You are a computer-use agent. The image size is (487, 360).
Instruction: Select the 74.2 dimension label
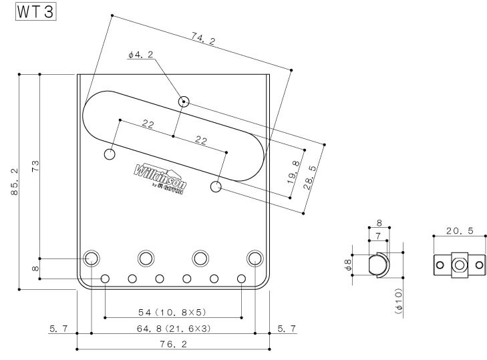(x=203, y=41)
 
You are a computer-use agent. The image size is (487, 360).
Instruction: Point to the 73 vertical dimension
(x=34, y=164)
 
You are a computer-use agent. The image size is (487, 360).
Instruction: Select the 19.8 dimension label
(x=295, y=173)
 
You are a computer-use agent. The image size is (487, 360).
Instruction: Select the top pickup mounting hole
(x=184, y=102)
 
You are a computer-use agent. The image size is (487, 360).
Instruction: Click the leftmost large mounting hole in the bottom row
(x=92, y=258)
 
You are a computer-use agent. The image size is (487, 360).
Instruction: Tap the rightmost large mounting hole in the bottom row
(x=255, y=258)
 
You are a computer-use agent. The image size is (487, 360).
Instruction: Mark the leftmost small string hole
(x=105, y=279)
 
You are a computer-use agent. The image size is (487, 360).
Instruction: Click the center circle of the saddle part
(x=458, y=265)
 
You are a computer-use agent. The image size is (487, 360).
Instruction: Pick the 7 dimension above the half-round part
(x=379, y=238)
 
